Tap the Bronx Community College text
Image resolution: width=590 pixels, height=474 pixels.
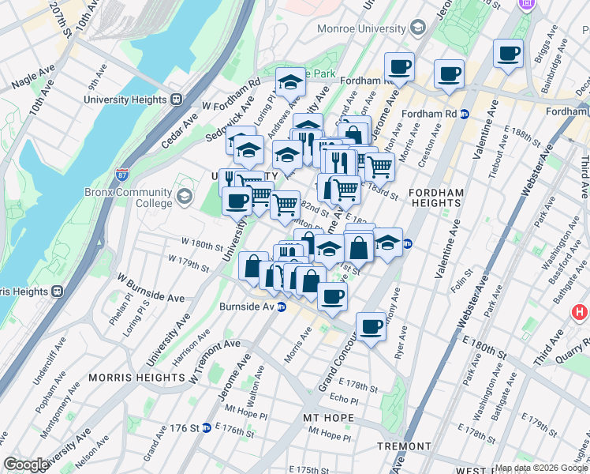pyautogui.click(x=129, y=197)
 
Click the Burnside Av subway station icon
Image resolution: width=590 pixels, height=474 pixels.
pyautogui.click(x=281, y=307)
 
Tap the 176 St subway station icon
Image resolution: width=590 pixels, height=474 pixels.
pyautogui.click(x=206, y=427)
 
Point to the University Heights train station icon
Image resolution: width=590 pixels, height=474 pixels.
pyautogui.click(x=176, y=100)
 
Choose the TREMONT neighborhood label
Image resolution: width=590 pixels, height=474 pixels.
pyautogui.click(x=402, y=446)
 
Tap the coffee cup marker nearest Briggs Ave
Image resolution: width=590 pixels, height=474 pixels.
pyautogui.click(x=509, y=54)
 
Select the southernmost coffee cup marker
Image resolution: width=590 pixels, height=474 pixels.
pyautogui.click(x=370, y=326)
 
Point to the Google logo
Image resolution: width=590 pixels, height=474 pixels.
pyautogui.click(x=26, y=465)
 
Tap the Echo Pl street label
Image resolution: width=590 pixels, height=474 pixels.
pyautogui.click(x=344, y=400)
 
